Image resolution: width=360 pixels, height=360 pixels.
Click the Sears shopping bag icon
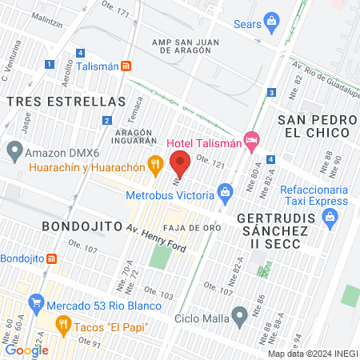pos(272,20)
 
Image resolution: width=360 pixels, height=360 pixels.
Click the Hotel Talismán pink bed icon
pos(252,140)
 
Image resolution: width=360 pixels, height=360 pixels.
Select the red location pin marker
pos(180,164)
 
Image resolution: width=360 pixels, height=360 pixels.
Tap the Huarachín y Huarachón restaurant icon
pos(156,166)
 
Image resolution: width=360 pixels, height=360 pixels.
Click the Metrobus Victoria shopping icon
pos(226,192)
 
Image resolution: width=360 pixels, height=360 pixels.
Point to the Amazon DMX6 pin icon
pos(14,150)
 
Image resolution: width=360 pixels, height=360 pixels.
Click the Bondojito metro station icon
pos(52,258)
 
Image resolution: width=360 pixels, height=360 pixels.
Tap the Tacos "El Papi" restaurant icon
pos(63,324)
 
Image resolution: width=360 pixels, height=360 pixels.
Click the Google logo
pos(26,350)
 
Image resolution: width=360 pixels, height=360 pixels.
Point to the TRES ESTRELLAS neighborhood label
pos(66,102)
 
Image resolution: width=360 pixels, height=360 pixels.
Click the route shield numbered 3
pos(272,93)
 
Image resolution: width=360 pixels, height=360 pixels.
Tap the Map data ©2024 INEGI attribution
pos(312,354)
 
